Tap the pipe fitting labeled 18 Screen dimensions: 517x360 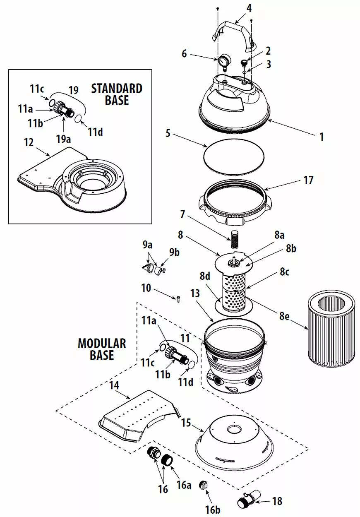[248, 498]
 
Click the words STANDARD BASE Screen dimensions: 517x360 [117, 94]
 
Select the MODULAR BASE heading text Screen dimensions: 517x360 [102, 349]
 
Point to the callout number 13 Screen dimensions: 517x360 [195, 293]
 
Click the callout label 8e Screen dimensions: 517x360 [284, 316]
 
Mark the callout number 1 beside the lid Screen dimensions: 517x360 [322, 137]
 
